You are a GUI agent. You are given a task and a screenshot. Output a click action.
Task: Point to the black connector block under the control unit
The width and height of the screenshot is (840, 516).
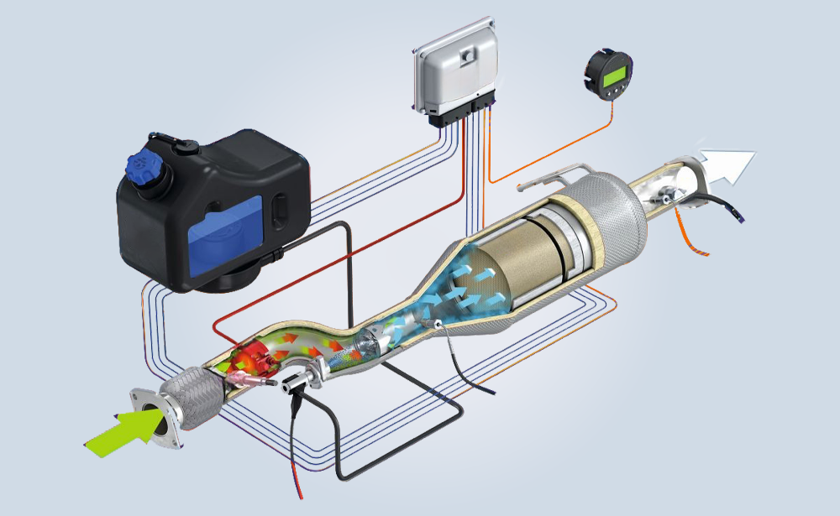(461, 117)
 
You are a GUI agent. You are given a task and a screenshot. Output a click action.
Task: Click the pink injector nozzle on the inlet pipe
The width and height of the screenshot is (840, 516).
(249, 382)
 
